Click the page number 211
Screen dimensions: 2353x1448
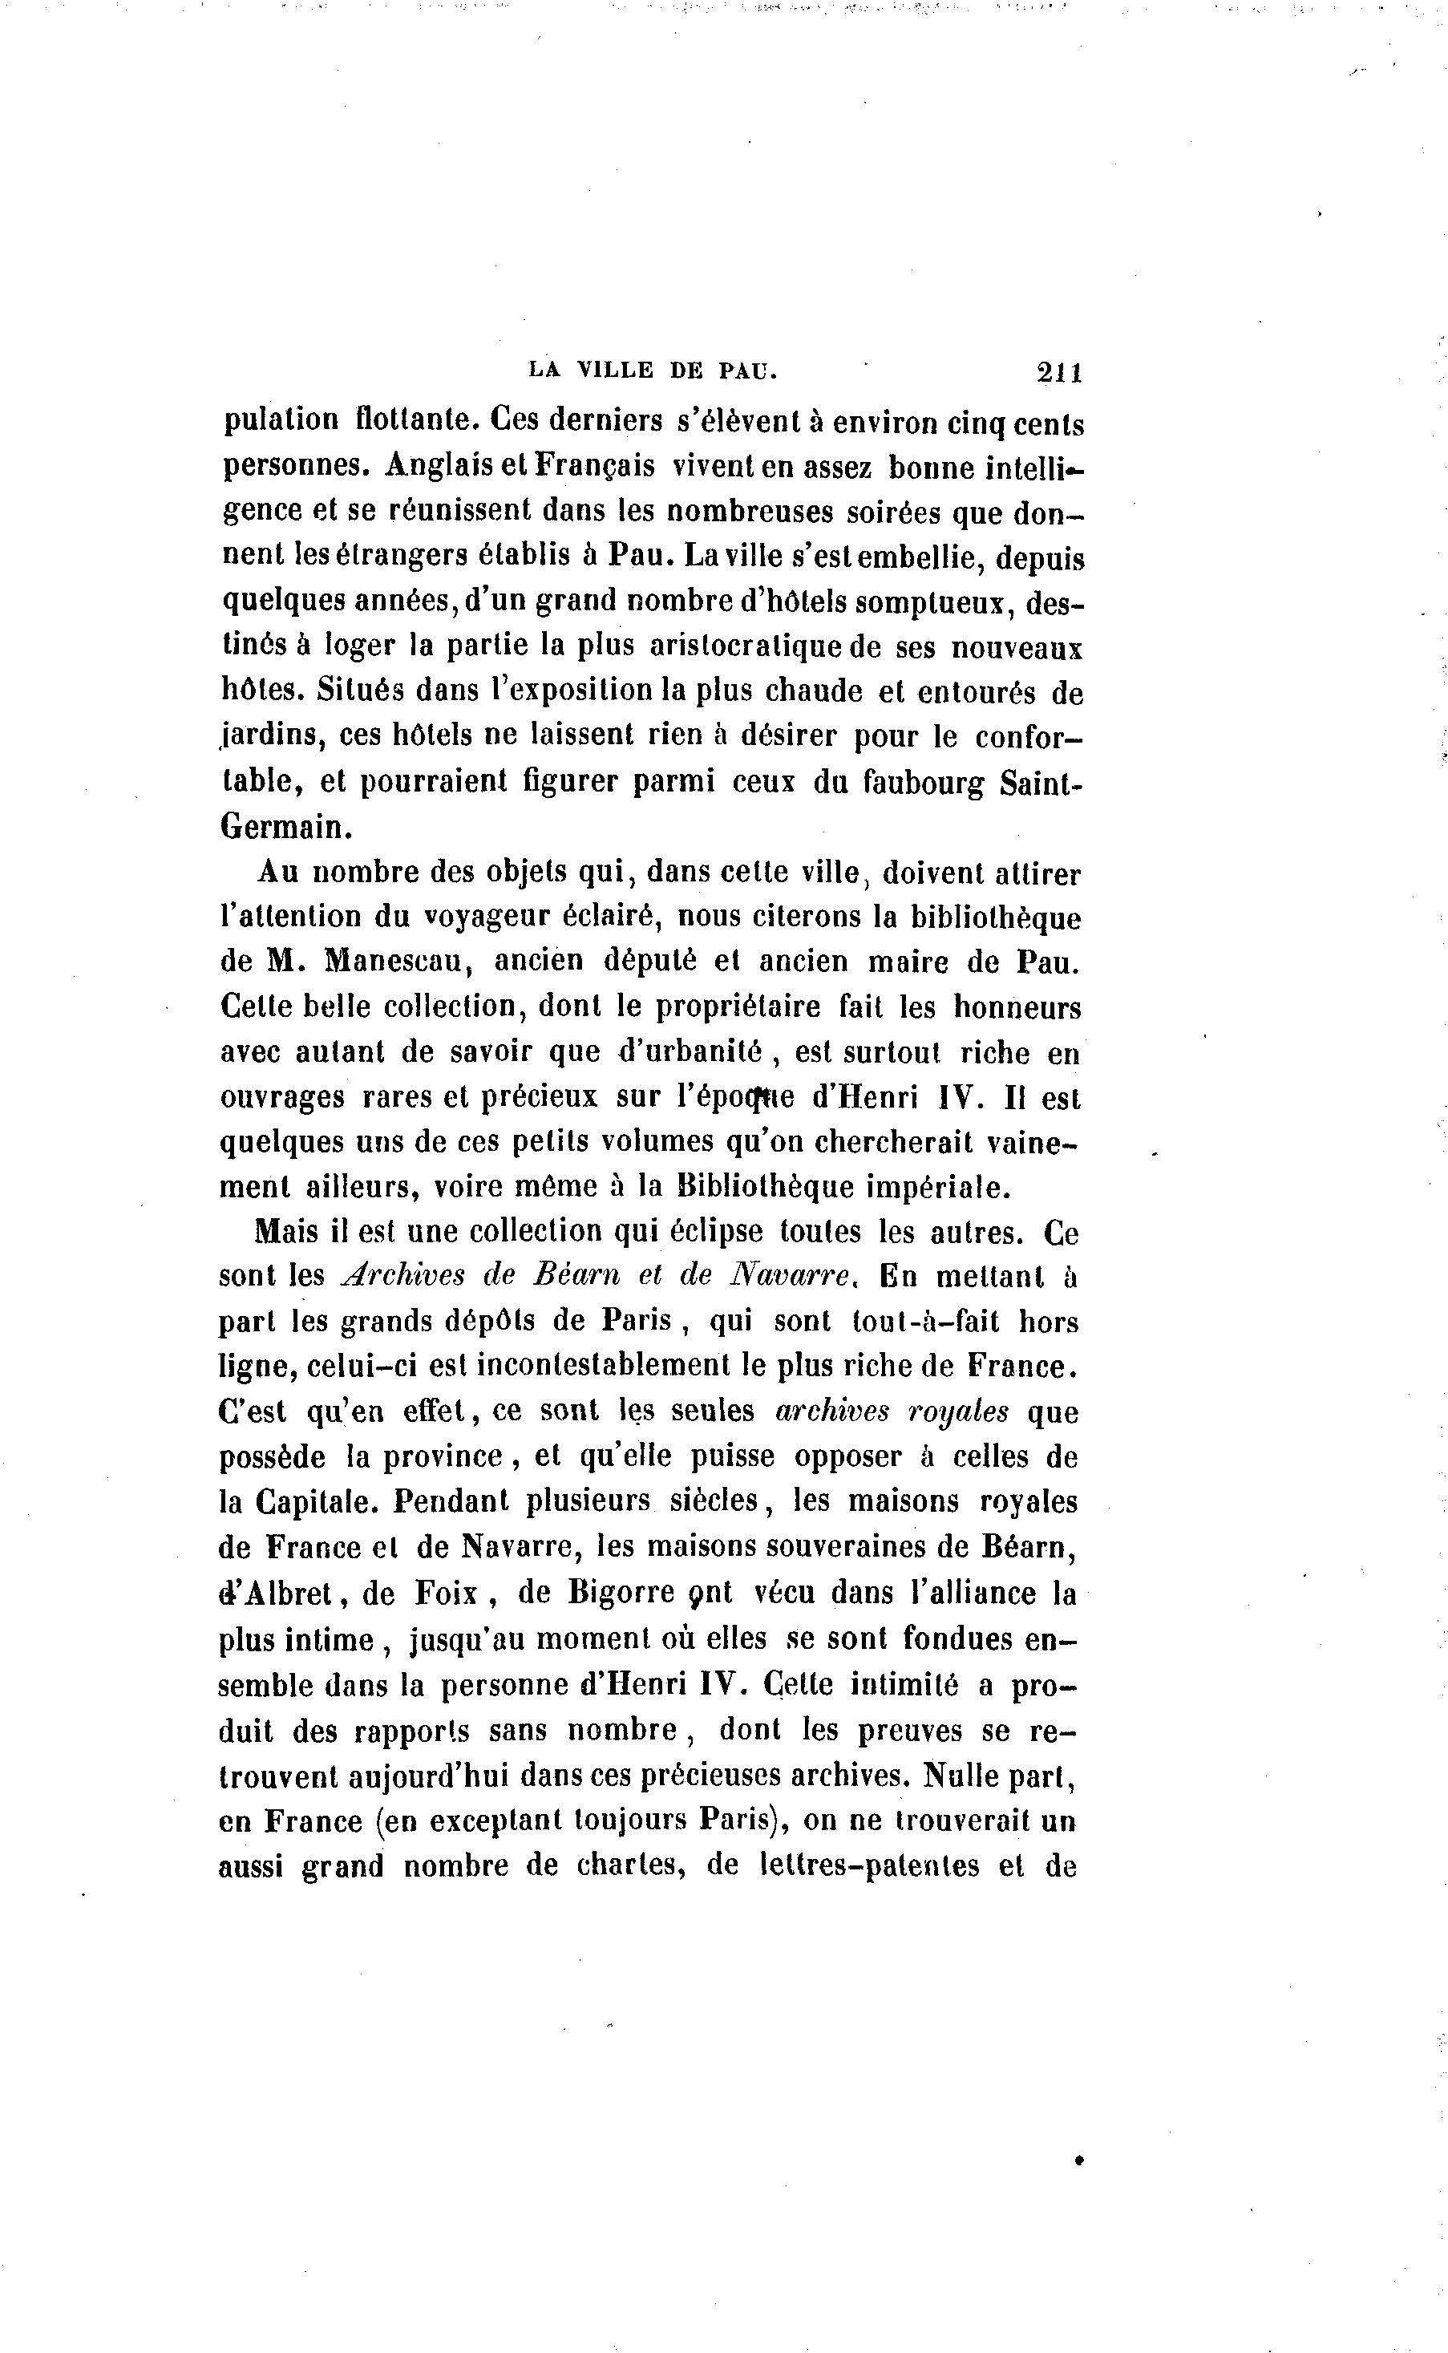pyautogui.click(x=1058, y=371)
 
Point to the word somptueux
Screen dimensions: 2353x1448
pyautogui.click(x=935, y=603)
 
